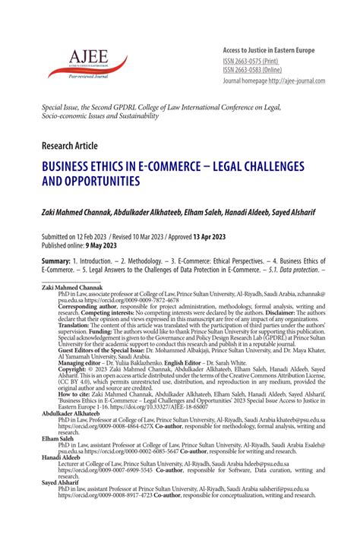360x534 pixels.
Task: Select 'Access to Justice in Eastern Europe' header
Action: tap(268, 49)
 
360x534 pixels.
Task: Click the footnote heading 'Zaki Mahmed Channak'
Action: tap(73, 289)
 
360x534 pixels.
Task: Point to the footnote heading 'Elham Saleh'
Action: tap(59, 438)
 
